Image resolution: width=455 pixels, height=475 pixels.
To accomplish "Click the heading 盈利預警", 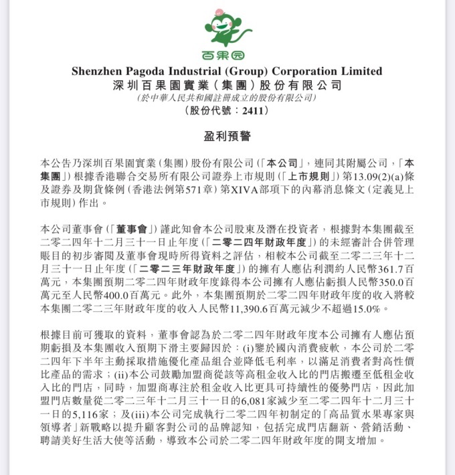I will [x=227, y=136].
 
